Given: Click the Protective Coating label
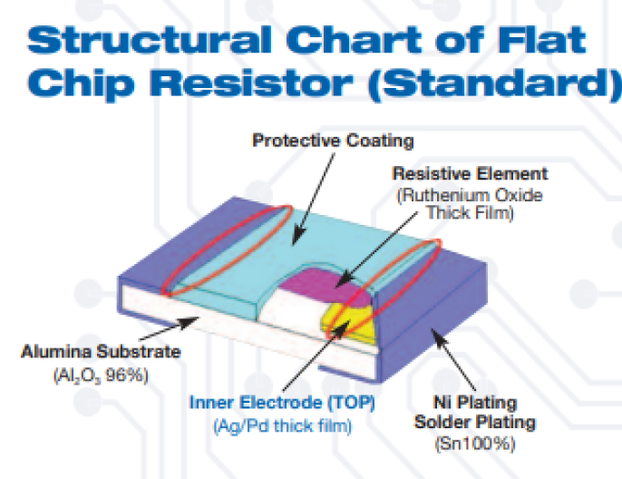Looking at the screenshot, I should tap(333, 141).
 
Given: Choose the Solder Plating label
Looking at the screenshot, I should tap(475, 422).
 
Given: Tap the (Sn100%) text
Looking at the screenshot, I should tap(475, 444).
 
